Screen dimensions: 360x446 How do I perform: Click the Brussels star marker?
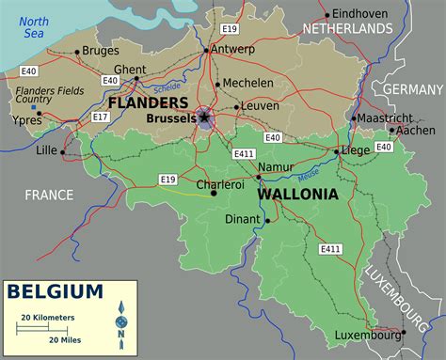(x=203, y=118)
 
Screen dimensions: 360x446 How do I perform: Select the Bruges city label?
(x=101, y=51)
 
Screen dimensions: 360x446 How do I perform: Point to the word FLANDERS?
(x=148, y=102)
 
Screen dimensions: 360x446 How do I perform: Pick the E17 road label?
(x=101, y=117)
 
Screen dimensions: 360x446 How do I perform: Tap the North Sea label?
(x=34, y=27)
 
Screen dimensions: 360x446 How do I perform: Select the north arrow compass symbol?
(x=121, y=321)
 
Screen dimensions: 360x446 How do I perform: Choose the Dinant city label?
(x=243, y=220)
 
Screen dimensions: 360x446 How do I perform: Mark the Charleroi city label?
(x=219, y=185)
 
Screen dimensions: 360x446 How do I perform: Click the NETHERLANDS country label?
(x=347, y=29)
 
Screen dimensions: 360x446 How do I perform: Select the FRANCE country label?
(x=48, y=195)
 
